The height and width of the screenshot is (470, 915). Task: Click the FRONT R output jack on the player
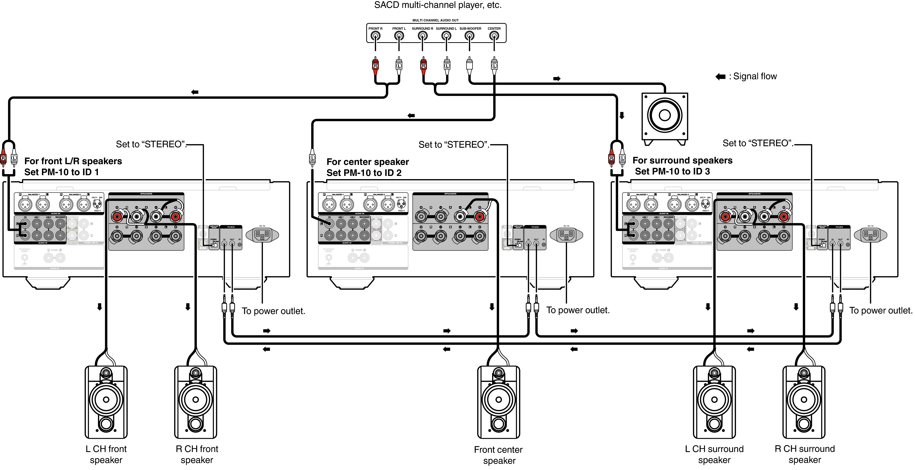(x=375, y=36)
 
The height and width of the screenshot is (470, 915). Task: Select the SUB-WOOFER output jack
(x=470, y=36)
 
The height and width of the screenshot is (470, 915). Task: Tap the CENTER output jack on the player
(x=494, y=36)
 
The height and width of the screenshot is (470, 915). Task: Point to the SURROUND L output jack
(x=446, y=36)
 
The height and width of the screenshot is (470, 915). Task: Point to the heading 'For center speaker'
(x=368, y=162)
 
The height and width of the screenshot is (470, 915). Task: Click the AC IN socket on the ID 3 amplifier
(x=870, y=235)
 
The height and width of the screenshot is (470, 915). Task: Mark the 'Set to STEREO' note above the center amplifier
(x=454, y=145)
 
